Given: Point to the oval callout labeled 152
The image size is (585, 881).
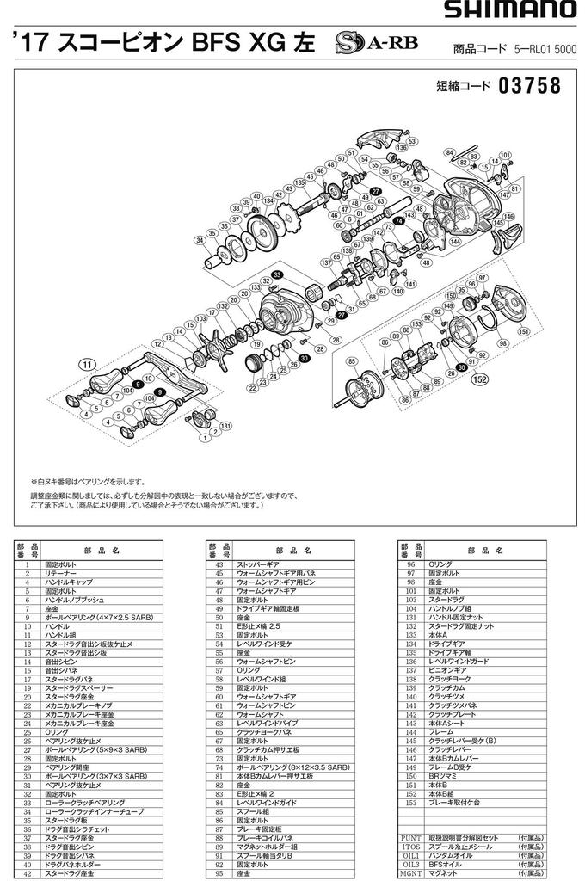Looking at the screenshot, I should click(481, 378).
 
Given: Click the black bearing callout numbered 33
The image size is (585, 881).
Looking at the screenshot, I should click(277, 274).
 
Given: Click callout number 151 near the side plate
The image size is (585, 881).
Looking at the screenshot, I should click(523, 330).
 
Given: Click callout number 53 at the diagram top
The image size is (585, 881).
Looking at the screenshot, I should click(412, 141).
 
